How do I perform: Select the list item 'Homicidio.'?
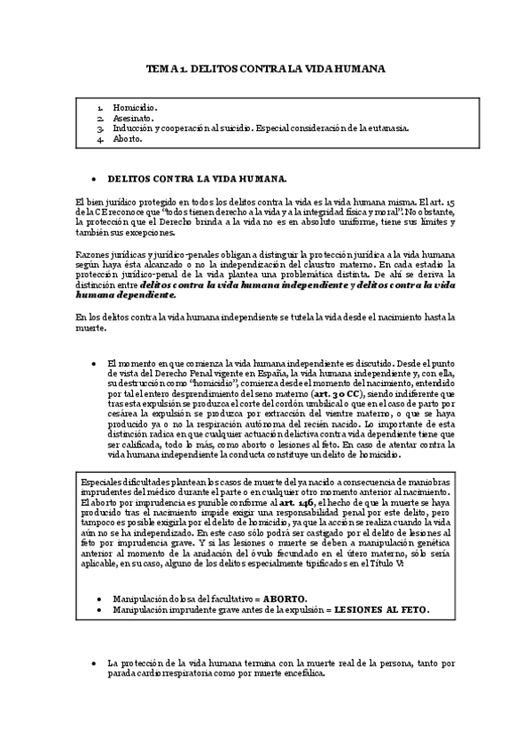coord(136,107)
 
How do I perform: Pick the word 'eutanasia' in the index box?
coord(387,128)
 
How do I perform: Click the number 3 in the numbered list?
coord(102,128)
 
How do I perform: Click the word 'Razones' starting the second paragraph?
coord(93,254)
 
